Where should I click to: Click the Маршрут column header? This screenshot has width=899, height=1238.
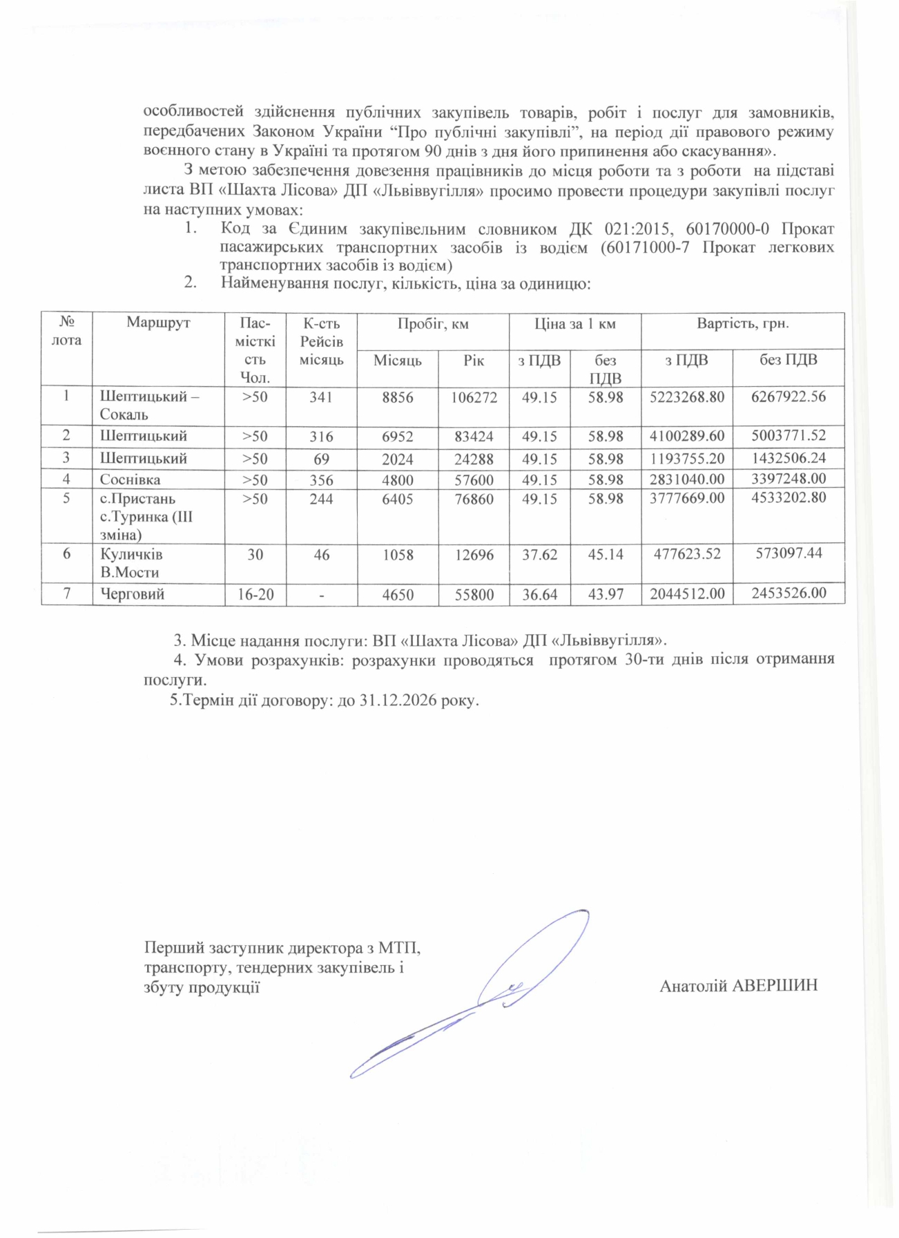click(158, 323)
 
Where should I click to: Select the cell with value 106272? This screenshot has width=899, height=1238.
click(474, 397)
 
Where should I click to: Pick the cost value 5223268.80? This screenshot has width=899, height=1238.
click(686, 397)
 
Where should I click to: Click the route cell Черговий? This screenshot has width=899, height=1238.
click(133, 593)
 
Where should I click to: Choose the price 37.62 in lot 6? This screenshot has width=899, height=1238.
click(539, 554)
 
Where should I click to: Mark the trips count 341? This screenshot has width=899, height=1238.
click(321, 397)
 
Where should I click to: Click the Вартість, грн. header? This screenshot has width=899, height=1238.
click(742, 323)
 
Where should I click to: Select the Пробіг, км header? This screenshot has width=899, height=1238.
click(432, 323)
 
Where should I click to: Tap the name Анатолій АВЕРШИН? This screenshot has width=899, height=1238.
click(738, 986)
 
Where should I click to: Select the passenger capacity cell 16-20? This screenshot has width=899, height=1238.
click(255, 593)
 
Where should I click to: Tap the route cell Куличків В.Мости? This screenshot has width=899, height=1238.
click(130, 562)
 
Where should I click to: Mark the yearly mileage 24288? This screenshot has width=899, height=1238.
click(474, 458)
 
